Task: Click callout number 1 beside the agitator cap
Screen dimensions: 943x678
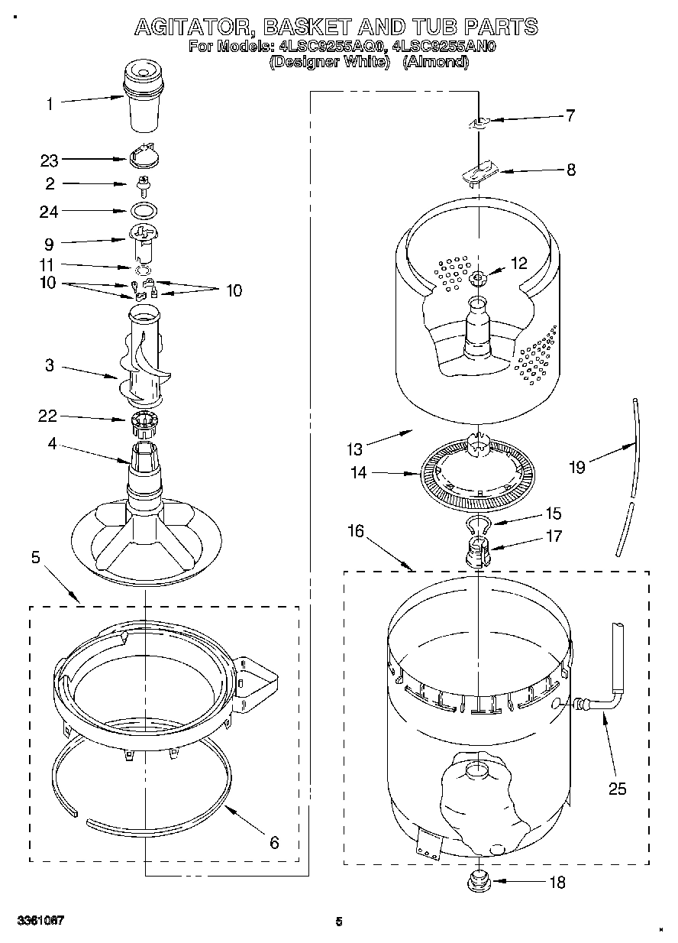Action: click(50, 104)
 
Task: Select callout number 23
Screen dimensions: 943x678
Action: click(50, 160)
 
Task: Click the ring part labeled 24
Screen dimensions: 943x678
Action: click(144, 210)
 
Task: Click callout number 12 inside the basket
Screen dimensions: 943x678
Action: click(518, 264)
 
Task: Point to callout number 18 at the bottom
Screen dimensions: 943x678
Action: click(557, 883)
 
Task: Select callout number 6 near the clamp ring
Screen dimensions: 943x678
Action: click(273, 843)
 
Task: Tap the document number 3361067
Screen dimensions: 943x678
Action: click(42, 921)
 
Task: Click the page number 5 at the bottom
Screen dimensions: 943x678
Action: click(338, 922)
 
